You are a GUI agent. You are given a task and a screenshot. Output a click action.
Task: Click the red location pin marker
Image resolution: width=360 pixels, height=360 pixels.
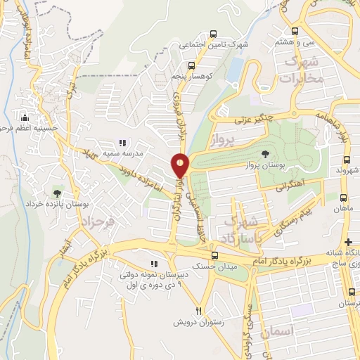pos(181,165)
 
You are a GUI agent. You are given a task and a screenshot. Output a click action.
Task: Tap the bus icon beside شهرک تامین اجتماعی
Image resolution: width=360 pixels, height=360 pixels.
pos(212,34)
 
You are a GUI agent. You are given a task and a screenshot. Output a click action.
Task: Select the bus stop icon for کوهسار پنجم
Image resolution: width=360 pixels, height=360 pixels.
pos(192,65)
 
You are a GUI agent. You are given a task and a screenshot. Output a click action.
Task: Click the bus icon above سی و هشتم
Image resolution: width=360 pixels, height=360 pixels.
pos(294,32)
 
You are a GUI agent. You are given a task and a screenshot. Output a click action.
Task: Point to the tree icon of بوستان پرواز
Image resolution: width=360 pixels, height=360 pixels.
pos(264,153)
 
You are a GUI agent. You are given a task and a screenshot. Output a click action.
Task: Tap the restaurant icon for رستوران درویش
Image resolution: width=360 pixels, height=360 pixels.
pos(199,311)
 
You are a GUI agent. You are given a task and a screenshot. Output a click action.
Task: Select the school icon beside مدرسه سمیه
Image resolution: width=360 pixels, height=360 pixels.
pos(122,143)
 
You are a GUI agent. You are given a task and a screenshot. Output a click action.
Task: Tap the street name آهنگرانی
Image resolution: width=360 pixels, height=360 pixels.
pos(290,187)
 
